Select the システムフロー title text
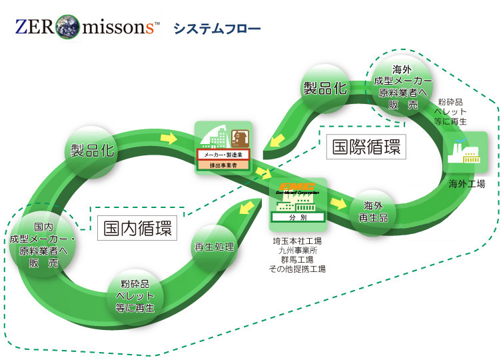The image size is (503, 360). pyautogui.click(x=217, y=29)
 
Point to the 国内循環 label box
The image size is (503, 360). pyautogui.click(x=138, y=229)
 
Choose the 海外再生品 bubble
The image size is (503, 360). pyautogui.click(x=372, y=212)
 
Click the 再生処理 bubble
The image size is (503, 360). pyautogui.click(x=214, y=247)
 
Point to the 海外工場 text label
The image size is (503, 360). pyautogui.click(x=466, y=183)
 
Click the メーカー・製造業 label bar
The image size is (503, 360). pyautogui.click(x=223, y=154)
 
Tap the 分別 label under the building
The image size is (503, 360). pyautogui.click(x=298, y=217)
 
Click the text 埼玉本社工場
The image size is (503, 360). pyautogui.click(x=297, y=241)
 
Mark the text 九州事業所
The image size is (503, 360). pyautogui.click(x=297, y=250)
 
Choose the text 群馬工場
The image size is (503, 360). pyautogui.click(x=297, y=259)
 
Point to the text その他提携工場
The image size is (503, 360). pyautogui.click(x=297, y=269)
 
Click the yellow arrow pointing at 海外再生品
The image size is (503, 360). pyautogui.click(x=340, y=201)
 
